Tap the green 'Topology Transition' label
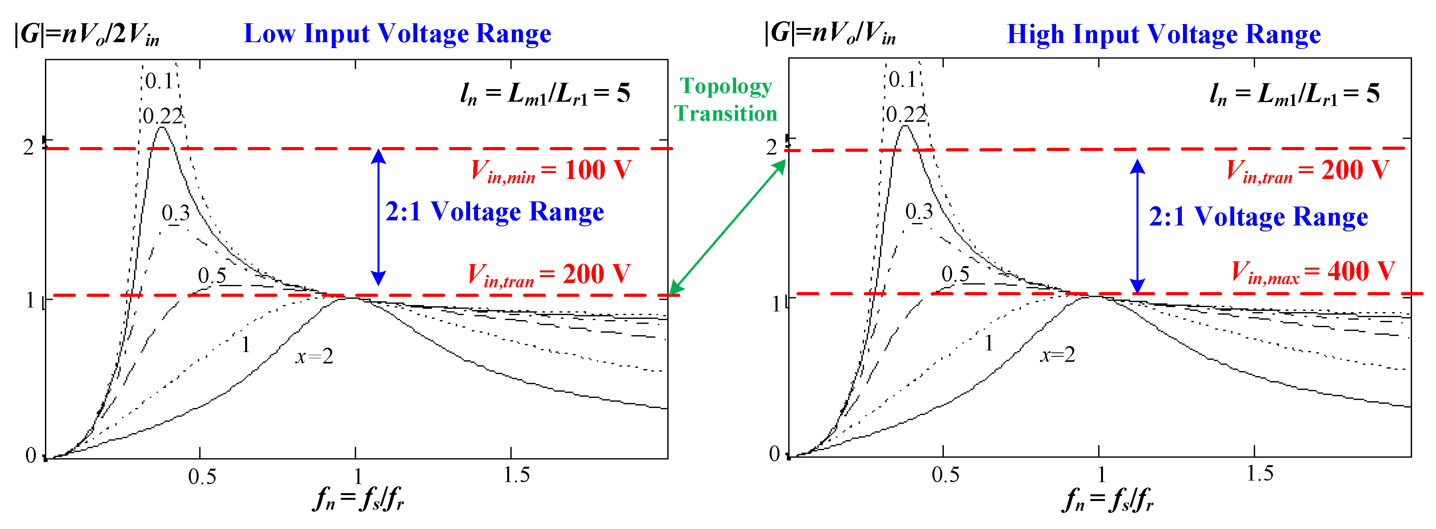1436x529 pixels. [x=726, y=100]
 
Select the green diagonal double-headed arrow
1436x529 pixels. [x=727, y=227]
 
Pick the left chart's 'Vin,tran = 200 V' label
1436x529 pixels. [x=549, y=275]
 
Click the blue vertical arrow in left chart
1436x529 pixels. [x=379, y=218]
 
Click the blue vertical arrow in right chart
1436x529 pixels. [x=1137, y=226]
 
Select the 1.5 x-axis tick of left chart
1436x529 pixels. [x=516, y=475]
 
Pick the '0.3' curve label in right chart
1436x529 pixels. [x=919, y=212]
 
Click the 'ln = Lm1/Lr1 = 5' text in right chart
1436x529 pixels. [x=1295, y=94]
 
